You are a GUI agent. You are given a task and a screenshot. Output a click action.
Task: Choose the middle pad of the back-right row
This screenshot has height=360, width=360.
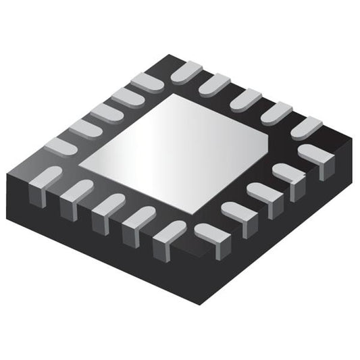246,99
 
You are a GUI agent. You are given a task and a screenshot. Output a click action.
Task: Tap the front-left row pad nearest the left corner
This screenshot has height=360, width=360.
46,177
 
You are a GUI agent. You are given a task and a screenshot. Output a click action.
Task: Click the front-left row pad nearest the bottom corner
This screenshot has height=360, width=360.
169,232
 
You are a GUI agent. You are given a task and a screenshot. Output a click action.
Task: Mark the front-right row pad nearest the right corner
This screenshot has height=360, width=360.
314,154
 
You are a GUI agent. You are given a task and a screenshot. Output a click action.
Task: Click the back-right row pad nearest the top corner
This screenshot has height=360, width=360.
186,71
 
